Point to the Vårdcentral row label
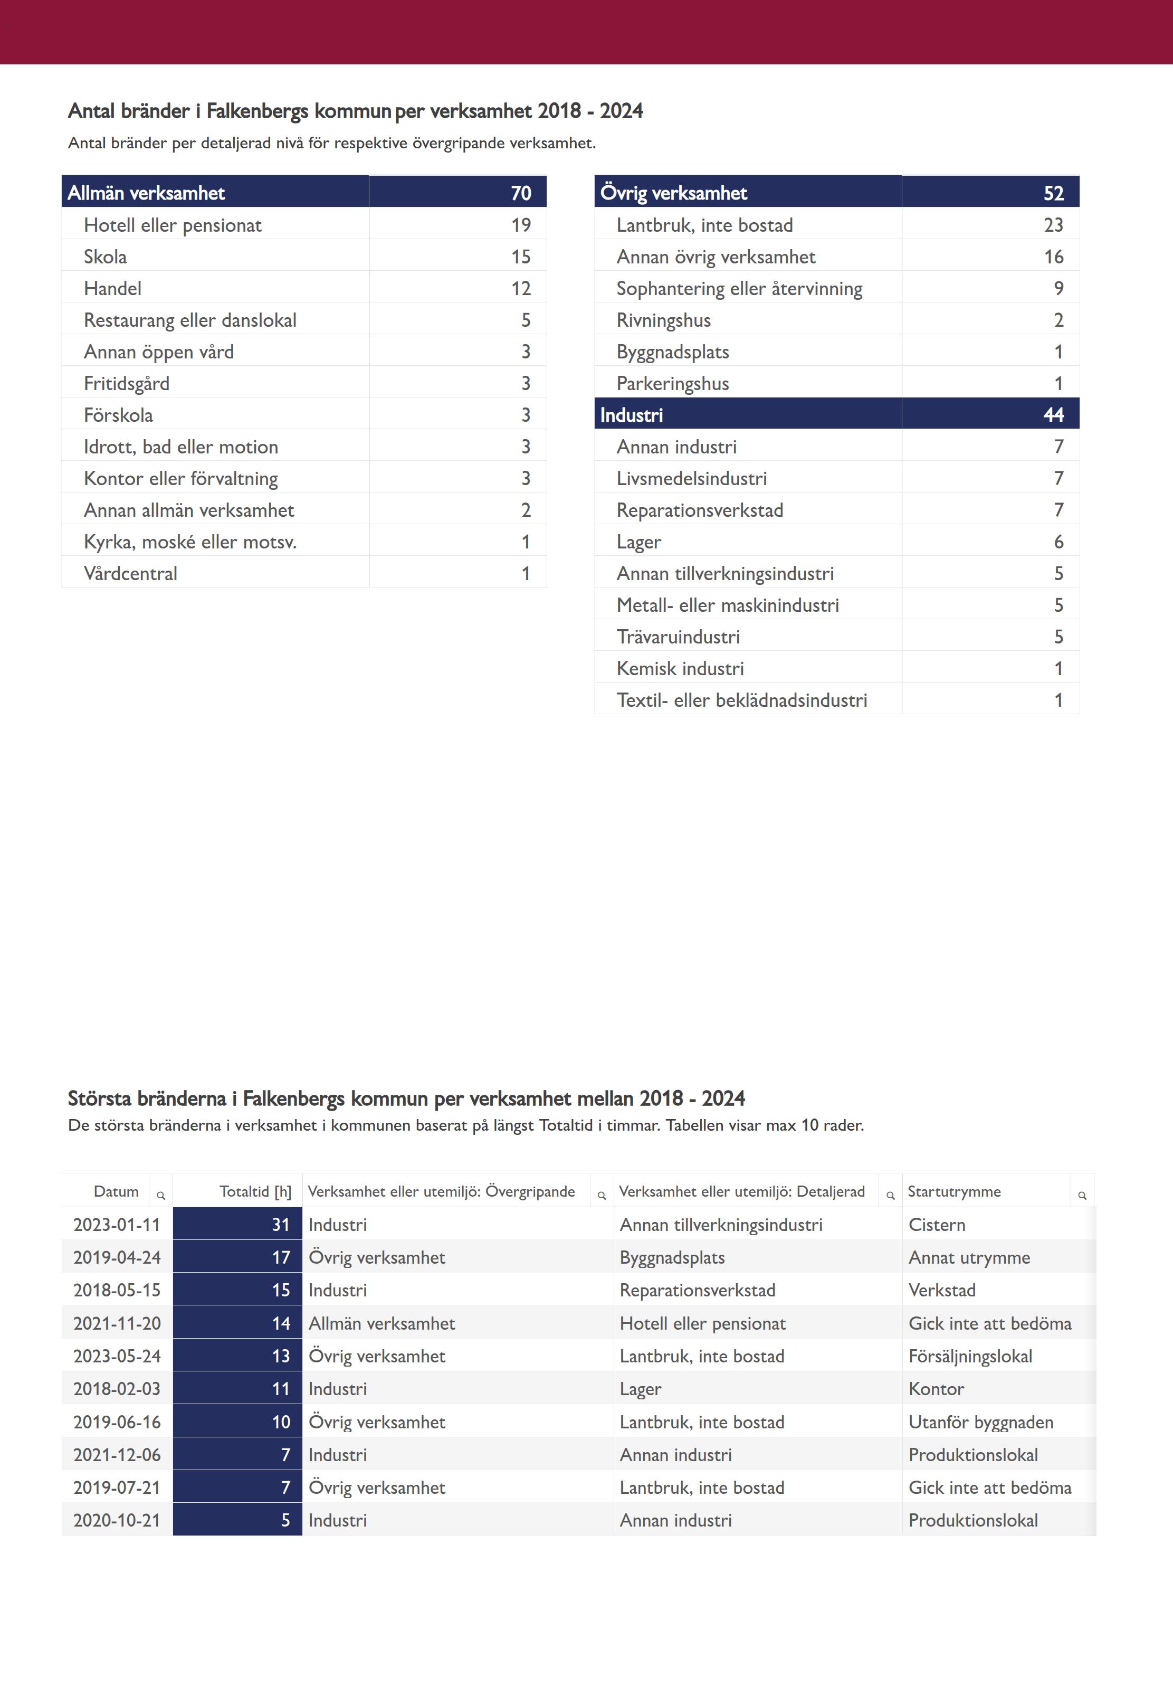(x=131, y=573)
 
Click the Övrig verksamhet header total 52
(x=1053, y=193)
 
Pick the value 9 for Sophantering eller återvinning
(x=1058, y=288)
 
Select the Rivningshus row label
(x=664, y=320)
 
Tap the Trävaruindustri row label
(x=679, y=637)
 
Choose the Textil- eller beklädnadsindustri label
(x=741, y=700)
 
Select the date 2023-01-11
(x=117, y=1225)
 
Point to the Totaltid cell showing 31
(x=281, y=1225)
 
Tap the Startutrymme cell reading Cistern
(x=937, y=1225)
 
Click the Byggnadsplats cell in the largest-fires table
(x=672, y=1257)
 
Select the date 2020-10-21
(x=117, y=1520)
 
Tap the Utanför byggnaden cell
(x=980, y=1422)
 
